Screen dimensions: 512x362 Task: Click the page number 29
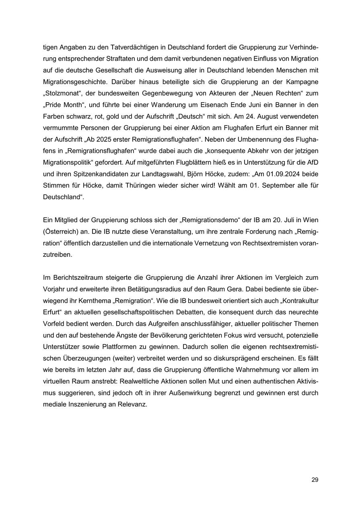315,479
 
